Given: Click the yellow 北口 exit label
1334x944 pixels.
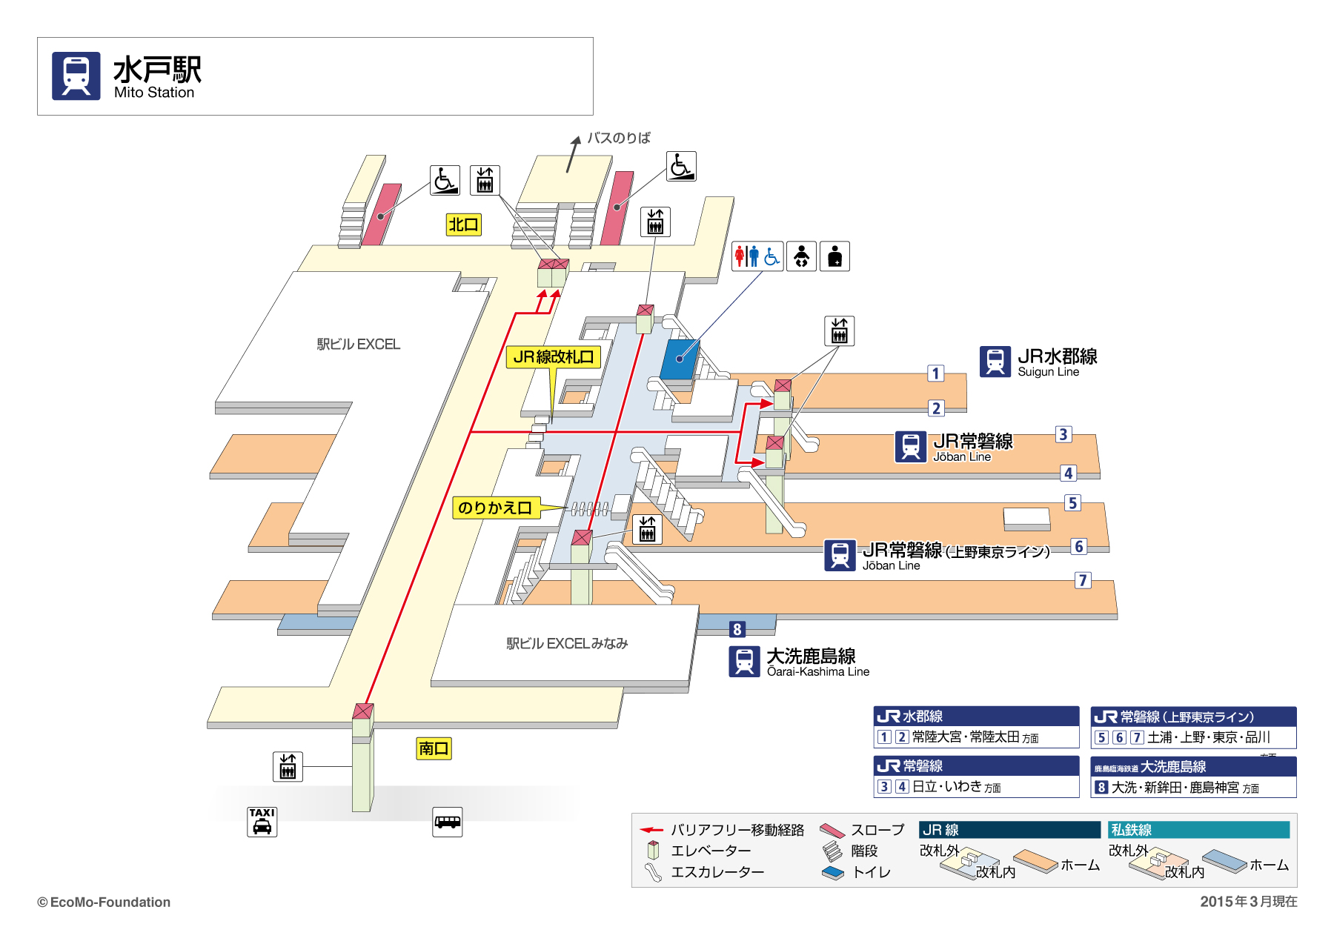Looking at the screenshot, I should click(463, 225).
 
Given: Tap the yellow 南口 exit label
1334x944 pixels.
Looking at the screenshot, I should click(434, 748).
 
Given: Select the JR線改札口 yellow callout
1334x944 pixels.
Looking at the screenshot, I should click(553, 357).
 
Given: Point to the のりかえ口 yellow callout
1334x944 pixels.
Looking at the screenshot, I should click(495, 508).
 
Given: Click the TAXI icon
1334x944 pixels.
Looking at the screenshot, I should click(262, 822).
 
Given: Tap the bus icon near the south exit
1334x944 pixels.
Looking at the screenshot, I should click(447, 822).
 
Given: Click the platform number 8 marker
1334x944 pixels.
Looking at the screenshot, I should click(737, 630).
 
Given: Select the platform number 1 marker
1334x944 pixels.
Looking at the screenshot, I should click(935, 373).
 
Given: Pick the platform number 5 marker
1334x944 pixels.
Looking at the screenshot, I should click(1072, 503).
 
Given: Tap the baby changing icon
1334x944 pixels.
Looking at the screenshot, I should click(801, 256).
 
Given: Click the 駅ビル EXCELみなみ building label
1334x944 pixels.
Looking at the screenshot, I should click(567, 644).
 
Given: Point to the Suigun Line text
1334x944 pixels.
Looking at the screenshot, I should click(1048, 372).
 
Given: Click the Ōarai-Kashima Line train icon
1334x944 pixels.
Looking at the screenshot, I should click(744, 662).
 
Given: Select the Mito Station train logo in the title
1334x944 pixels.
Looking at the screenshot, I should click(76, 76).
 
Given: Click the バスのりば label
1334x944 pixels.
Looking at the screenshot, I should click(618, 138).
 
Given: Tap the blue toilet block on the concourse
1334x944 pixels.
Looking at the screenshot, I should click(679, 359).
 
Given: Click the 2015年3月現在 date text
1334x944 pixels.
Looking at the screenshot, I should click(1248, 902).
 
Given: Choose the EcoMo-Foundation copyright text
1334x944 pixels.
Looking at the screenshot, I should click(104, 903).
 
